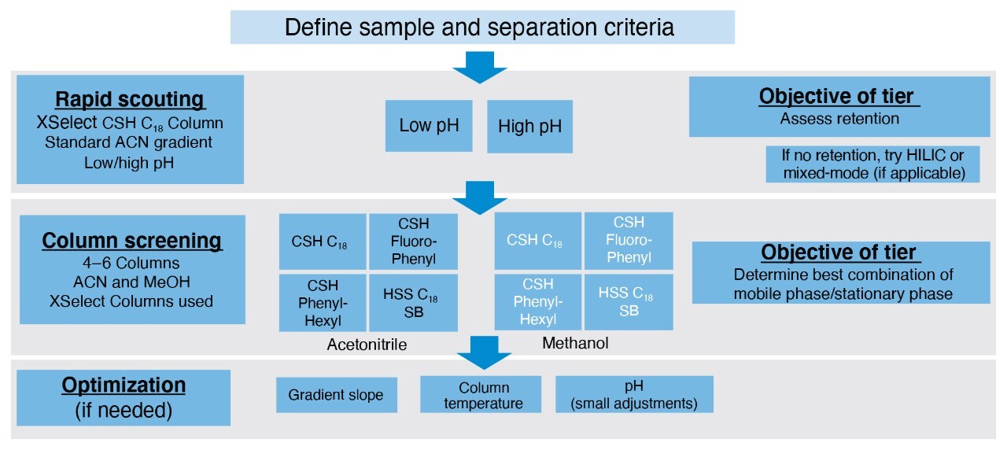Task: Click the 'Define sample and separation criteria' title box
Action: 481,28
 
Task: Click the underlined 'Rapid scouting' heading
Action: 130,100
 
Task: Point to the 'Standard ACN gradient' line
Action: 130,142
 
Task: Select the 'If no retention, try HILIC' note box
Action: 872,164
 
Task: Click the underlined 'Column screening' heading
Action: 132,240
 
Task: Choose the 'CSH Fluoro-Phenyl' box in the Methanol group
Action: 628,241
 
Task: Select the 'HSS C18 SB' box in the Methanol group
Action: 628,302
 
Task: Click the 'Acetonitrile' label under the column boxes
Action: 366,345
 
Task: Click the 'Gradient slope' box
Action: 335,394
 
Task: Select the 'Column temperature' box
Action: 480,395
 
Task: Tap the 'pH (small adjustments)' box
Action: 633,395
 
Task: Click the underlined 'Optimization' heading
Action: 124,385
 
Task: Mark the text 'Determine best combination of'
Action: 843,275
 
